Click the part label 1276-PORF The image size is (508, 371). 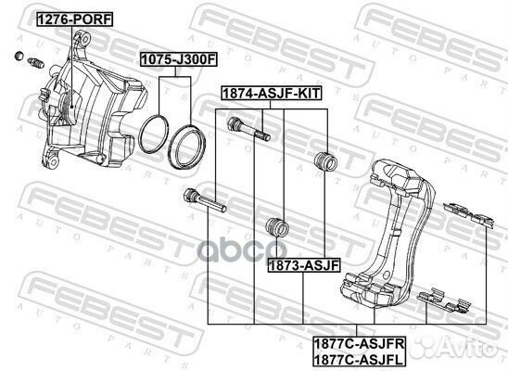[75, 19]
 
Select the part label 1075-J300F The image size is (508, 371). [179, 59]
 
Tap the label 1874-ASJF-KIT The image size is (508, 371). [272, 94]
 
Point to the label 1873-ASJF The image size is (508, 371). [304, 265]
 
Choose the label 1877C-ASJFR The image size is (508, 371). [360, 343]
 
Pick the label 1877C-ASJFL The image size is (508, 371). [359, 359]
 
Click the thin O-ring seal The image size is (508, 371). [153, 134]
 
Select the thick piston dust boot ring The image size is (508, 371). [187, 147]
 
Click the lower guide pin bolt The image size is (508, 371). [205, 200]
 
